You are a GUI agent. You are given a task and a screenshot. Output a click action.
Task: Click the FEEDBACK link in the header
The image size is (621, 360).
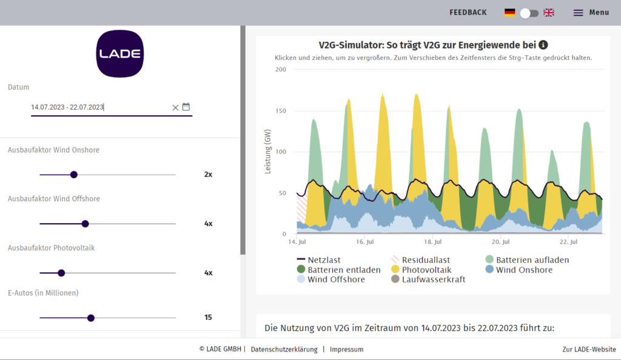pyautogui.click(x=468, y=13)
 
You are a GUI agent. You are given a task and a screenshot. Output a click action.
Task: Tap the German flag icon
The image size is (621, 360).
pyautogui.click(x=510, y=13)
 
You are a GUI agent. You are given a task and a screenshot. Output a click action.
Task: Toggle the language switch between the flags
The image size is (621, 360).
pyautogui.click(x=529, y=13)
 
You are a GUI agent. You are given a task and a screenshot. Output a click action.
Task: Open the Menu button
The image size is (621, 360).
pyautogui.click(x=591, y=13)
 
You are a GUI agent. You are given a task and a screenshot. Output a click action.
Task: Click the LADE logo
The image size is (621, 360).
pyautogui.click(x=120, y=53)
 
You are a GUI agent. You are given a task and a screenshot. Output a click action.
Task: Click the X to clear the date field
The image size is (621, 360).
pyautogui.click(x=175, y=107)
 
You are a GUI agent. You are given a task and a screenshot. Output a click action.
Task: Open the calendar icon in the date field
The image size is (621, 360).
pyautogui.click(x=186, y=107)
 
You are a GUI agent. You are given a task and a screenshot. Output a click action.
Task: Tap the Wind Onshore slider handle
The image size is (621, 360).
pyautogui.click(x=74, y=175)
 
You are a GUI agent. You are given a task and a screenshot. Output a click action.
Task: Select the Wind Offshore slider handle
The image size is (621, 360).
pyautogui.click(x=86, y=224)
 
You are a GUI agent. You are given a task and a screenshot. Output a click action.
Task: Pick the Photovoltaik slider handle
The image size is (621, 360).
pyautogui.click(x=61, y=273)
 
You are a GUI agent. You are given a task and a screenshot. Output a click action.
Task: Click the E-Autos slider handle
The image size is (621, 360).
pyautogui.click(x=91, y=318)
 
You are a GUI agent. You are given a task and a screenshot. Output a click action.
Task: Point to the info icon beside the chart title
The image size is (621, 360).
pyautogui.click(x=543, y=45)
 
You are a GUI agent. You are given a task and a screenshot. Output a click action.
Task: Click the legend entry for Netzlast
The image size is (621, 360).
pyautogui.click(x=322, y=260)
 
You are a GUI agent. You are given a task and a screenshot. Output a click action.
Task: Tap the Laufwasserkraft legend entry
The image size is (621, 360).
pyautogui.click(x=428, y=279)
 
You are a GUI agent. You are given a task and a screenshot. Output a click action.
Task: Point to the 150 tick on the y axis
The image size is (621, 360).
pyautogui.click(x=280, y=111)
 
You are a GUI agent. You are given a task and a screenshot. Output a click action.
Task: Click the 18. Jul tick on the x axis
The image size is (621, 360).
pyautogui.click(x=431, y=241)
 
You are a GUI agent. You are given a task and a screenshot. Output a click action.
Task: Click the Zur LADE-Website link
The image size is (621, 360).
pyautogui.click(x=589, y=349)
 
